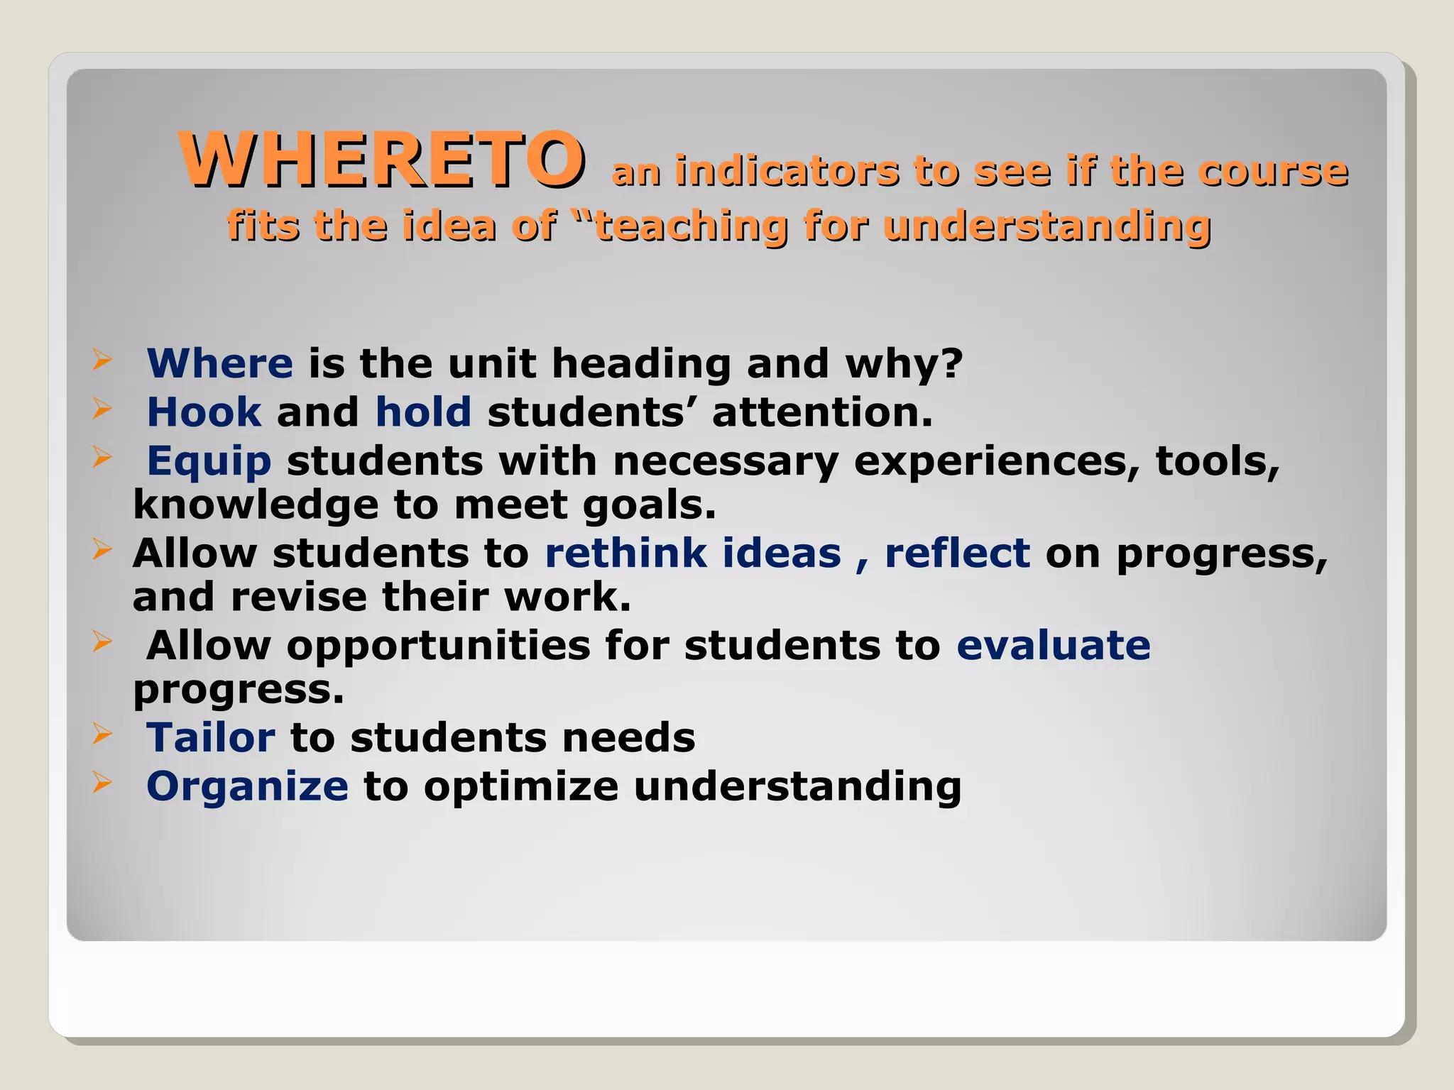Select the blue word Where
[219, 363]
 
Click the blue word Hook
[204, 412]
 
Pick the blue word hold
[423, 412]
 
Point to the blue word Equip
[209, 461]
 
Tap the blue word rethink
[625, 554]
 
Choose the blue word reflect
[956, 554]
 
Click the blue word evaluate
[1053, 646]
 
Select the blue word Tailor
[210, 738]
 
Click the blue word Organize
[247, 787]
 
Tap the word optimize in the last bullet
[521, 787]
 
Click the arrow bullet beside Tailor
[102, 734]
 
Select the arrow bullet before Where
[102, 360]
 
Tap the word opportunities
[438, 646]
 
